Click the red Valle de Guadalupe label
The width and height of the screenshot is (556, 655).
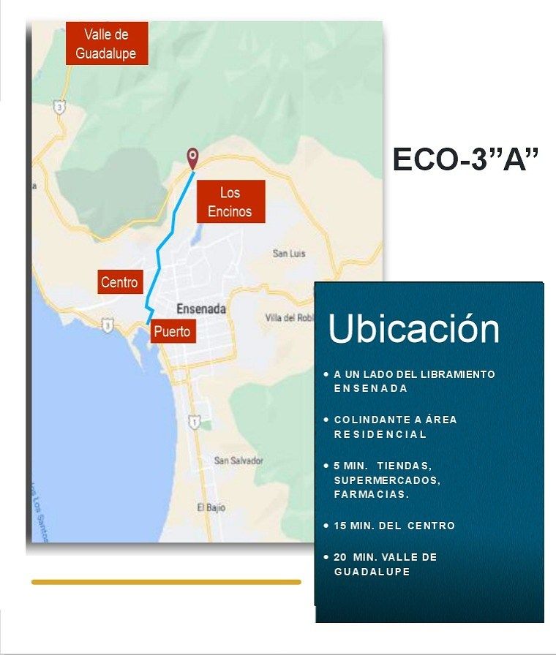tap(107, 43)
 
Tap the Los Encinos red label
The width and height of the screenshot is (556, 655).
tap(230, 202)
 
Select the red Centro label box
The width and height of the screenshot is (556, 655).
tap(119, 282)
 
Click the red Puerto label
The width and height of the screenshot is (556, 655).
tap(172, 332)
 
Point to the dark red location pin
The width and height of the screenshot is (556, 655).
tap(192, 156)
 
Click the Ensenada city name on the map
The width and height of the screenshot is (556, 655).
tap(201, 309)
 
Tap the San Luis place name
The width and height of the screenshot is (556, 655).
tap(289, 253)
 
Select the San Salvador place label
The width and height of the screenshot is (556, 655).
tap(238, 461)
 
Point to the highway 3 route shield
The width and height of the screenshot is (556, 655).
tap(60, 107)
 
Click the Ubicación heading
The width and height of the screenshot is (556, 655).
tap(413, 329)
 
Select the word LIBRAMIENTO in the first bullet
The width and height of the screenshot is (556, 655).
tap(457, 374)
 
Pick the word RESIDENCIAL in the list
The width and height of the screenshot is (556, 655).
tap(380, 434)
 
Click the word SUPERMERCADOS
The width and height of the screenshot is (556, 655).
tap(387, 480)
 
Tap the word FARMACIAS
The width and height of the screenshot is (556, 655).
tap(371, 494)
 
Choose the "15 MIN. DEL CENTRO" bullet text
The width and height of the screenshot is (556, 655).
tap(394, 526)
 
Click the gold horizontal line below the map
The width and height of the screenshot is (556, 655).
tap(166, 582)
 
